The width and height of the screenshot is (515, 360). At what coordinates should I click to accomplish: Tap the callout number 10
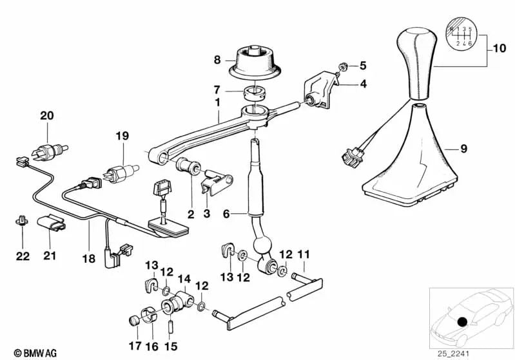pyautogui.click(x=500, y=48)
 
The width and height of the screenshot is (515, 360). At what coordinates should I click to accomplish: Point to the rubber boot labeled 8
pyautogui.click(x=255, y=62)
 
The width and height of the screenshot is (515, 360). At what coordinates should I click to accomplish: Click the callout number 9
pyautogui.click(x=464, y=149)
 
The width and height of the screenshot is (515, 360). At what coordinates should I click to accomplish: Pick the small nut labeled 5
pyautogui.click(x=343, y=67)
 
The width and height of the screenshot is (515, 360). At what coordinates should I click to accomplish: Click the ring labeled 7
pyautogui.click(x=256, y=92)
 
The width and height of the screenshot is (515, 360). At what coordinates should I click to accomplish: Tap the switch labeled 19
pyautogui.click(x=121, y=173)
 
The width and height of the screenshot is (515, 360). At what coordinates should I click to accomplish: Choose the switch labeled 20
pyautogui.click(x=49, y=151)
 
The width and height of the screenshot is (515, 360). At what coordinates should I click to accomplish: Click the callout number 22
pyautogui.click(x=23, y=256)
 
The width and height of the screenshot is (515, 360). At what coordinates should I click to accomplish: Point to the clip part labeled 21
pyautogui.click(x=51, y=223)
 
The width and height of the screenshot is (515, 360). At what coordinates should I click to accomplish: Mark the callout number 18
pyautogui.click(x=89, y=258)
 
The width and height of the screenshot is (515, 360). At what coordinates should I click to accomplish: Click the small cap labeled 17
pyautogui.click(x=133, y=320)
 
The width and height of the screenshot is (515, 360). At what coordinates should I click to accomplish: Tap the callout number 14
pyautogui.click(x=184, y=279)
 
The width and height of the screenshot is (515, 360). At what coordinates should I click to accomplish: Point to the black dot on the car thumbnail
pyautogui.click(x=462, y=322)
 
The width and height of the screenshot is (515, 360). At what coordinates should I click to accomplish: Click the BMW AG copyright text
pyautogui.click(x=35, y=353)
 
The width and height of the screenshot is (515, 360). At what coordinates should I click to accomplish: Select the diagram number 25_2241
pyautogui.click(x=453, y=354)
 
